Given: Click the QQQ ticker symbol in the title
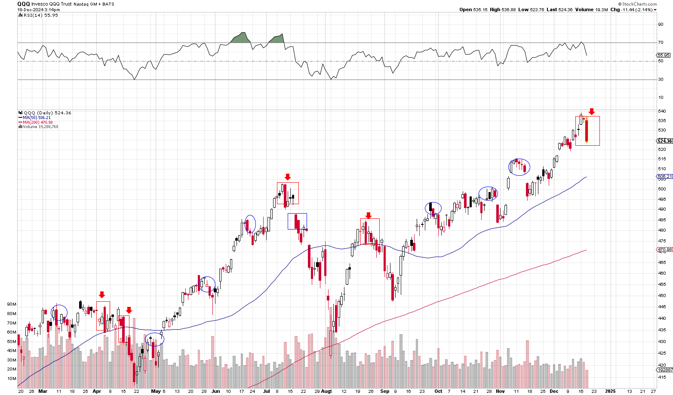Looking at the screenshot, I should click(x=24, y=3).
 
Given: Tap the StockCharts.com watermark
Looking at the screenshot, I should click(x=639, y=4).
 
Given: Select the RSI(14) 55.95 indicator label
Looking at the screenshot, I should click(x=39, y=15).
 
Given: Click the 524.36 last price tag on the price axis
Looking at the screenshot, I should click(x=664, y=141).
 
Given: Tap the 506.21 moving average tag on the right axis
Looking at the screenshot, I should click(x=664, y=177).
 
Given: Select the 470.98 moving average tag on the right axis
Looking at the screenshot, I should click(x=664, y=249).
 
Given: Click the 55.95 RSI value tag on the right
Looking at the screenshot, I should click(x=664, y=55).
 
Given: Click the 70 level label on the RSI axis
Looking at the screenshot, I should click(x=660, y=43).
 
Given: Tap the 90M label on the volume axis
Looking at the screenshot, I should click(x=12, y=304).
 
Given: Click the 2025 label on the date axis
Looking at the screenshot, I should click(x=610, y=391).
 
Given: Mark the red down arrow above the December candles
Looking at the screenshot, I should click(x=592, y=111).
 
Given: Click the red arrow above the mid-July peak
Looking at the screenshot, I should click(x=288, y=177).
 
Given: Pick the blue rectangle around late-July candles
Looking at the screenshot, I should click(x=297, y=221).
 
